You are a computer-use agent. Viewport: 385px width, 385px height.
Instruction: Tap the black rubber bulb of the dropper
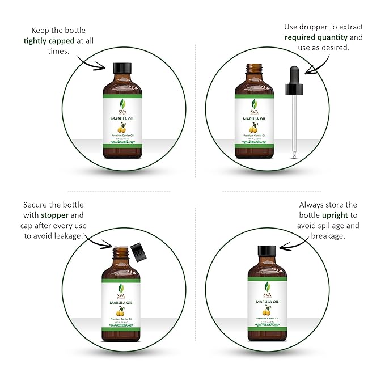coord(294,77)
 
